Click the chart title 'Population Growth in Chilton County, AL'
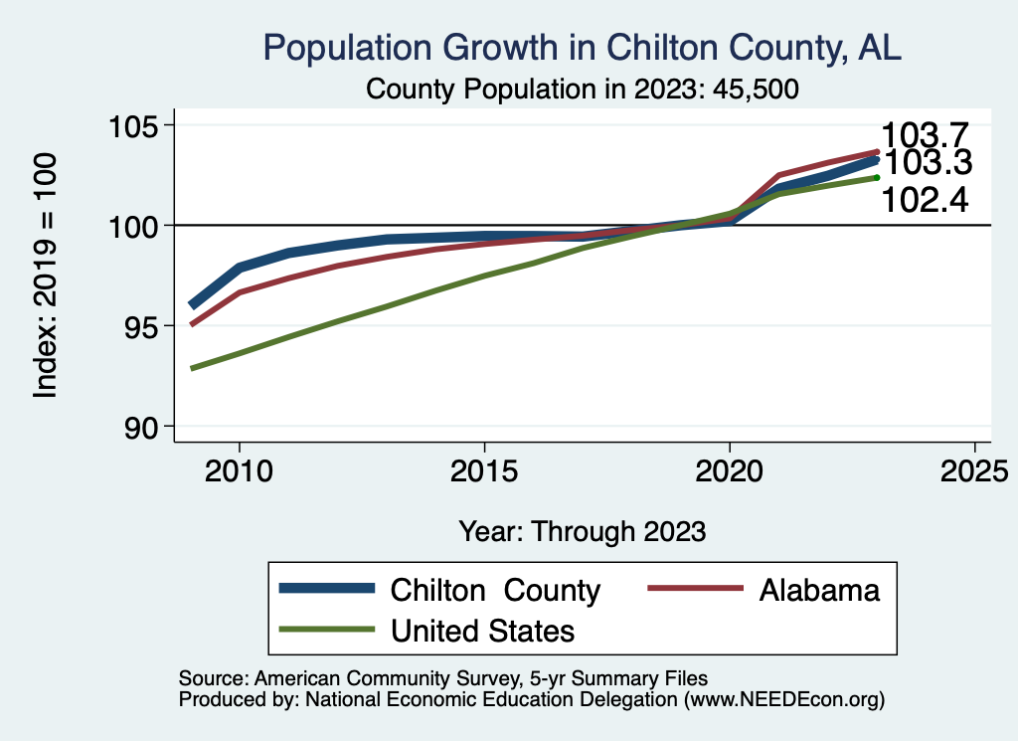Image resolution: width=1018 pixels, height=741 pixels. [582, 48]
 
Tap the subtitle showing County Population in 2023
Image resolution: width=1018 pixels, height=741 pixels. [584, 89]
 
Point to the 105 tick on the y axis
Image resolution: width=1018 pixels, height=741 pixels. [135, 126]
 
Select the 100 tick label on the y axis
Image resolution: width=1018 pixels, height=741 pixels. [135, 226]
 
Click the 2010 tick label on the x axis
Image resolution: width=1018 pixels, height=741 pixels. [240, 470]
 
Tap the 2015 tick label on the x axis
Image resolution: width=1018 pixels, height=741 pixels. [484, 470]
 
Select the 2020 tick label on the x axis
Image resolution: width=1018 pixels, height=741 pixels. [730, 470]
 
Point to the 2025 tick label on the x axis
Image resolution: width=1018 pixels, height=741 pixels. [974, 470]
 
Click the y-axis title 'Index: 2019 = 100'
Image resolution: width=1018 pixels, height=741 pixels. [45, 276]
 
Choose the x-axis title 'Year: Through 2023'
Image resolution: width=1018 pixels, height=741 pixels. [583, 531]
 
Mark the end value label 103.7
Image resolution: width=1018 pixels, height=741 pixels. [926, 135]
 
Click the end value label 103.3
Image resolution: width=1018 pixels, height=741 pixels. [928, 163]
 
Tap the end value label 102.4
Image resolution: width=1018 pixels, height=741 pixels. [925, 202]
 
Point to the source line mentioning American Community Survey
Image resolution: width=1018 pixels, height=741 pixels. [442, 678]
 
